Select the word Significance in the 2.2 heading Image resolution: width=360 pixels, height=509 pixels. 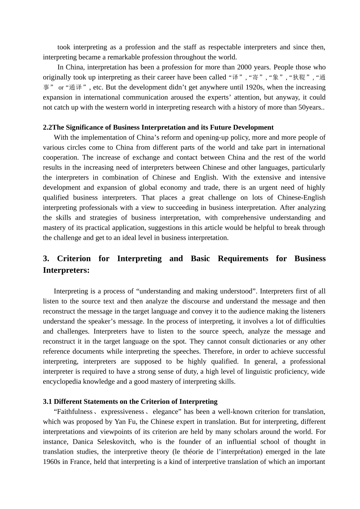(89, 128)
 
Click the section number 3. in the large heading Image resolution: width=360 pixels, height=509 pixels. (46, 259)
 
